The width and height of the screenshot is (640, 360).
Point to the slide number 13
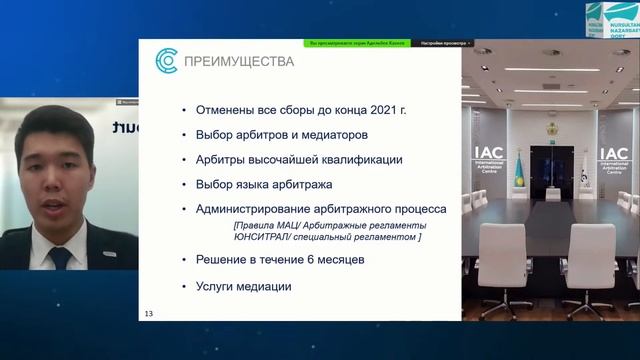(150, 314)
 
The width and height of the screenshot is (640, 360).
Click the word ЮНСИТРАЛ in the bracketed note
(264, 237)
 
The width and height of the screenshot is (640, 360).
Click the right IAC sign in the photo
(613, 160)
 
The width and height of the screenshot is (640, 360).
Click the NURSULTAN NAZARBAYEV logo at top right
(609, 20)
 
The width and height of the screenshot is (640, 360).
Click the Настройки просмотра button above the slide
(446, 43)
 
